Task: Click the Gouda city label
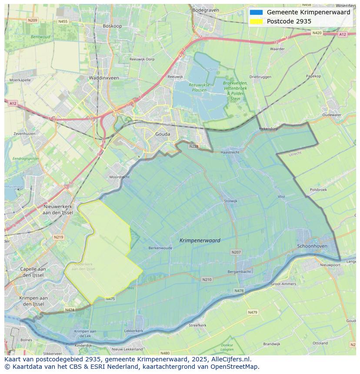coord(163,134)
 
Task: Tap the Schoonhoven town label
coord(312,246)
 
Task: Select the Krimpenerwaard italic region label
coord(200,240)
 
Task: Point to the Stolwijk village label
coord(230,201)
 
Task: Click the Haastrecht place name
coord(230,152)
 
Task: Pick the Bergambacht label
coord(239,271)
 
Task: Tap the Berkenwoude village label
coord(160,248)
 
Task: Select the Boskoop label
coord(112,26)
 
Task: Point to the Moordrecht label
coord(119,177)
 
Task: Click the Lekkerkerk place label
coord(133,331)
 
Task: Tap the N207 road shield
coord(236,252)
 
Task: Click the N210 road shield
coord(207,279)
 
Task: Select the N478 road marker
coord(239,291)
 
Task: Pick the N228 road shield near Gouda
coord(194,146)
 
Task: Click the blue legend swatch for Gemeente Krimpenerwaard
coord(256,13)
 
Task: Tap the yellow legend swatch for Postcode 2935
coord(256,21)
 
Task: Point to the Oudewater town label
coord(332,115)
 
